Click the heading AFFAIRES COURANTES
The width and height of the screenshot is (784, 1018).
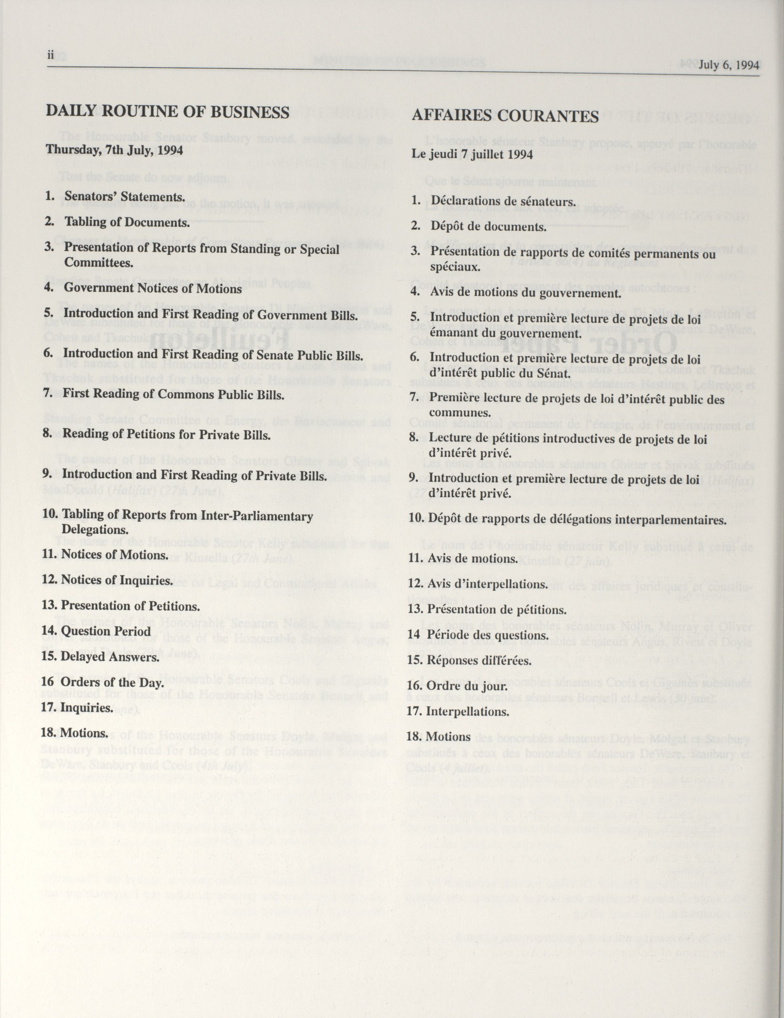pyautogui.click(x=505, y=116)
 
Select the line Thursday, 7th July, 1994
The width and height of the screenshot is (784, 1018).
pyautogui.click(x=114, y=151)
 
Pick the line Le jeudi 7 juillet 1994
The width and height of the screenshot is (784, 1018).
pyautogui.click(x=472, y=154)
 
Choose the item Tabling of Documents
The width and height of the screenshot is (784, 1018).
pyautogui.click(x=127, y=222)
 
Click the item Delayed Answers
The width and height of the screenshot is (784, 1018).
pyautogui.click(x=110, y=657)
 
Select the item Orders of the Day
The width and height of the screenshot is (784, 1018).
pyautogui.click(x=112, y=683)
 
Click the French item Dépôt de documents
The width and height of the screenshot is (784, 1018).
pyautogui.click(x=488, y=227)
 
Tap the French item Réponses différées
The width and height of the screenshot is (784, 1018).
pyautogui.click(x=479, y=660)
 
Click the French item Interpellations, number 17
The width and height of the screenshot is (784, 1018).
pyautogui.click(x=467, y=712)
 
